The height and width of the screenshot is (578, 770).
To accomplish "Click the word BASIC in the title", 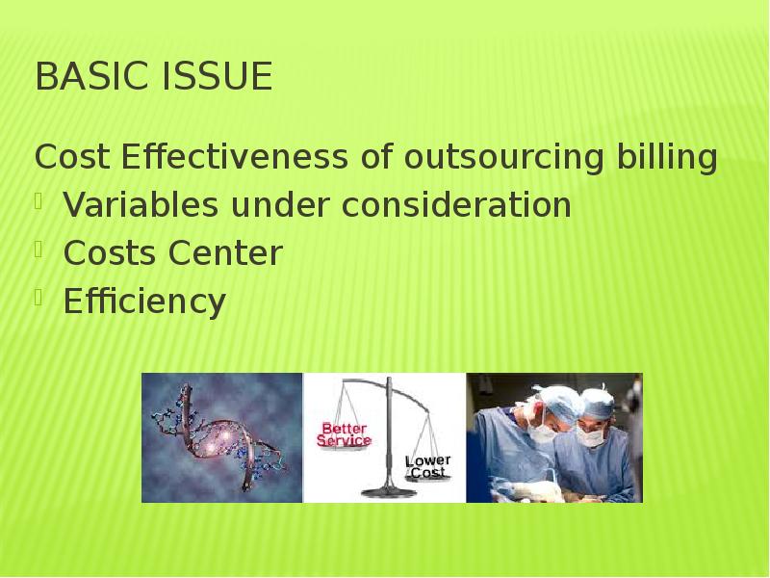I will pyautogui.click(x=86, y=77).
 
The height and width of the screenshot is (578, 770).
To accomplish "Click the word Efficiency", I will pyautogui.click(x=144, y=302).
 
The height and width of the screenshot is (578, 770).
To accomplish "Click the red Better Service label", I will pyautogui.click(x=345, y=434).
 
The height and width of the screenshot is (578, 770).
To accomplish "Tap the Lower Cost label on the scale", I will pyautogui.click(x=427, y=466).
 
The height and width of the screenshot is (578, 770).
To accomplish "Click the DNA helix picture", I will pyautogui.click(x=222, y=438).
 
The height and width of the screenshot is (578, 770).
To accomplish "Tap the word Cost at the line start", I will pyautogui.click(x=68, y=157).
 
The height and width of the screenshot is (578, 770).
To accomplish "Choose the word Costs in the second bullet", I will pyautogui.click(x=110, y=253).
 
